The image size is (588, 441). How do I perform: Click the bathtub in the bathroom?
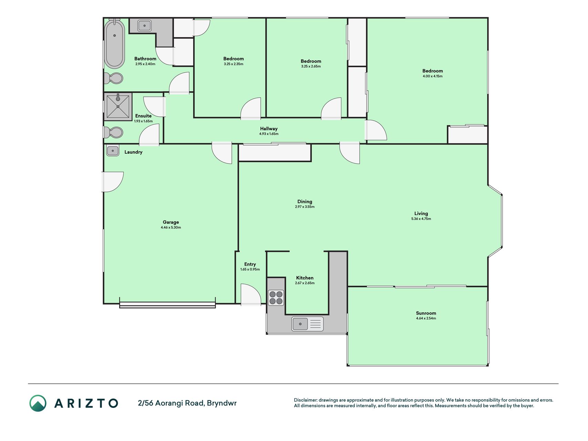[x=114, y=44]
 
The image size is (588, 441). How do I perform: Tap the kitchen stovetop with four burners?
[x=276, y=298]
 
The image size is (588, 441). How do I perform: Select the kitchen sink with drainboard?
[x=308, y=324]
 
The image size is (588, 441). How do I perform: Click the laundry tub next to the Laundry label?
[x=113, y=151]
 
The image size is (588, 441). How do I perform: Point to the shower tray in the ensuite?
[x=118, y=106]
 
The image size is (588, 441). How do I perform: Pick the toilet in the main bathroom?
[x=113, y=78]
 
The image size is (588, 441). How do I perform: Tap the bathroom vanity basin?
[x=145, y=25]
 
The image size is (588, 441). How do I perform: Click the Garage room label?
[x=171, y=222]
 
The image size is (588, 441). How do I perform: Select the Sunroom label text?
[x=426, y=313]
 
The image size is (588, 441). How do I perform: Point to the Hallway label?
[x=269, y=129]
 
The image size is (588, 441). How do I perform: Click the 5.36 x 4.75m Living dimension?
[x=421, y=219]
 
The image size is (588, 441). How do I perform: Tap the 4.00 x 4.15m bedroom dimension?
[x=433, y=76]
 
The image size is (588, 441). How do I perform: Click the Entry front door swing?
[x=251, y=295]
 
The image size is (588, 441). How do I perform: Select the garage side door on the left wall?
[x=112, y=182]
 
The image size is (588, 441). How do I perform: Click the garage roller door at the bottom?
[x=167, y=305]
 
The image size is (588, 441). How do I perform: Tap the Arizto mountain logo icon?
[x=38, y=403]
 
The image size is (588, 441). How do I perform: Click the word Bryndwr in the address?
[x=221, y=403]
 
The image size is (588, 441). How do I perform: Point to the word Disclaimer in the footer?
[x=305, y=400]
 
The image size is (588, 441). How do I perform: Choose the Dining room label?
[x=305, y=202]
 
